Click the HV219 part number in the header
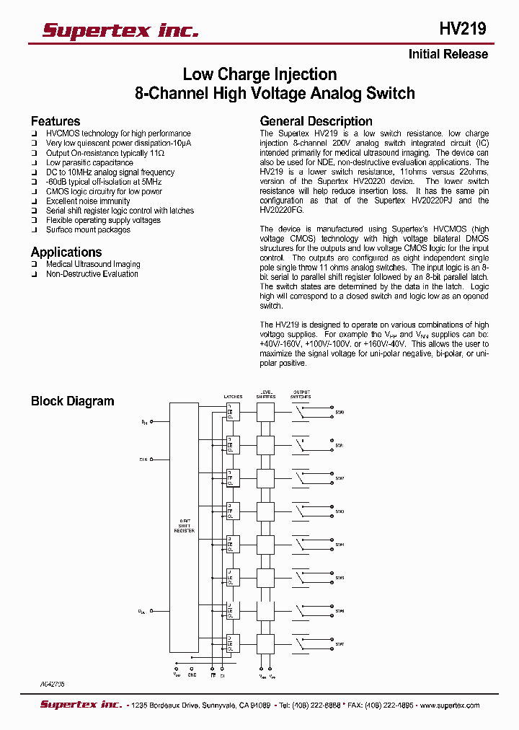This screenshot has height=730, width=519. click(x=462, y=29)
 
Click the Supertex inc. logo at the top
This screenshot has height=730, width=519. click(x=120, y=30)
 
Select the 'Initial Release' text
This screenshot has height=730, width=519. click(x=448, y=54)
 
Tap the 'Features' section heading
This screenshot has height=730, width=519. click(x=56, y=121)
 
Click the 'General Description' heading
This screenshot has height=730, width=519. click(x=316, y=121)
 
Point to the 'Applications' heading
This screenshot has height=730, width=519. click(x=66, y=252)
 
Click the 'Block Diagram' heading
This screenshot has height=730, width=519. click(x=72, y=401)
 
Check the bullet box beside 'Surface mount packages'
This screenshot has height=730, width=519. click(x=34, y=230)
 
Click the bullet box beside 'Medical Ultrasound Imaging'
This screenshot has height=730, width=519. click(x=34, y=265)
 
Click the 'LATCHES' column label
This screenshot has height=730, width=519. click(x=233, y=397)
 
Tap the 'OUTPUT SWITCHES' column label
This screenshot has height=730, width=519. click(x=301, y=395)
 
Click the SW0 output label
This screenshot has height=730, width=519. click(x=340, y=413)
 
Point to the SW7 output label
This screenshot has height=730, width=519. click(x=340, y=644)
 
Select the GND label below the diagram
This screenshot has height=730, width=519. click(x=192, y=675)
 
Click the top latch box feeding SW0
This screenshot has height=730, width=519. click(x=233, y=413)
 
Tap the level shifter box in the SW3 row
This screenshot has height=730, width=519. click(x=266, y=511)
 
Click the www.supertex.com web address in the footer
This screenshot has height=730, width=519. click(x=448, y=705)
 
